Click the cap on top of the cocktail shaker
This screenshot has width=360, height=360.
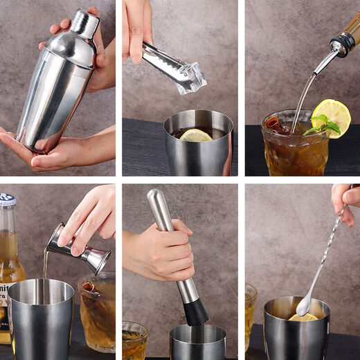(86, 23)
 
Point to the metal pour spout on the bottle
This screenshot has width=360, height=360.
(325, 59)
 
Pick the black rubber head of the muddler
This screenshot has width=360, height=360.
(195, 312)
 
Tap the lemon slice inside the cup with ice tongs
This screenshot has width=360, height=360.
(196, 135)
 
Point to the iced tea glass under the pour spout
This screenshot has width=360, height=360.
(294, 145)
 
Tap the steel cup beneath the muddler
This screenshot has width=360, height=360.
(197, 343)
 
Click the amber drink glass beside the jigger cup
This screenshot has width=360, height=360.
(97, 312)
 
